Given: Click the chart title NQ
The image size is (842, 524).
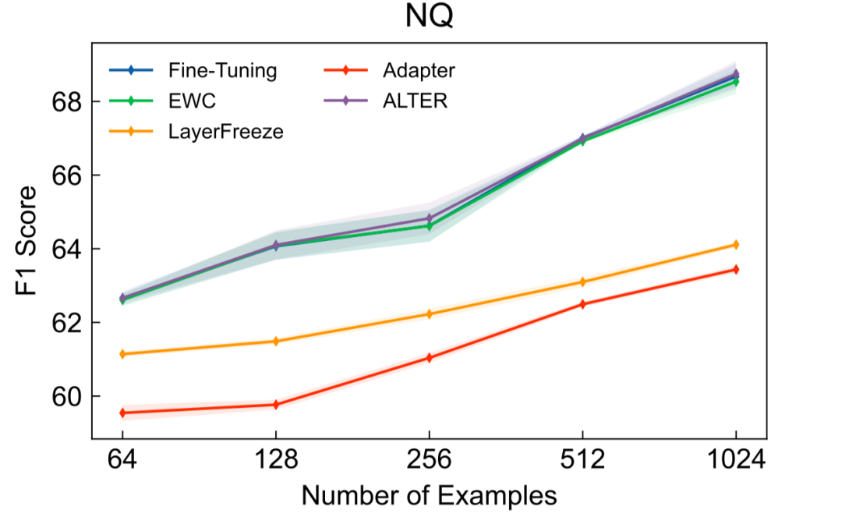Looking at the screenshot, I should click(429, 17).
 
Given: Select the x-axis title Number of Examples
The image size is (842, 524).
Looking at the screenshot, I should click(429, 496).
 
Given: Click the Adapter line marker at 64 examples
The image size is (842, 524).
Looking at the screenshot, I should click(122, 412).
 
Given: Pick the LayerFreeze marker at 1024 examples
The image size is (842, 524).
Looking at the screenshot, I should click(736, 245).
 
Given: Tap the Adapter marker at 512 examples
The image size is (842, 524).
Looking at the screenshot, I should click(582, 304).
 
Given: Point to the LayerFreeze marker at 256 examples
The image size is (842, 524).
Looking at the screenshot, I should click(429, 314).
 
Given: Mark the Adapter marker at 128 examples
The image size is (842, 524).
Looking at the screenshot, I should click(275, 405).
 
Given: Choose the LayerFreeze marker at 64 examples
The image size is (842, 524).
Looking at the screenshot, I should click(122, 354).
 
